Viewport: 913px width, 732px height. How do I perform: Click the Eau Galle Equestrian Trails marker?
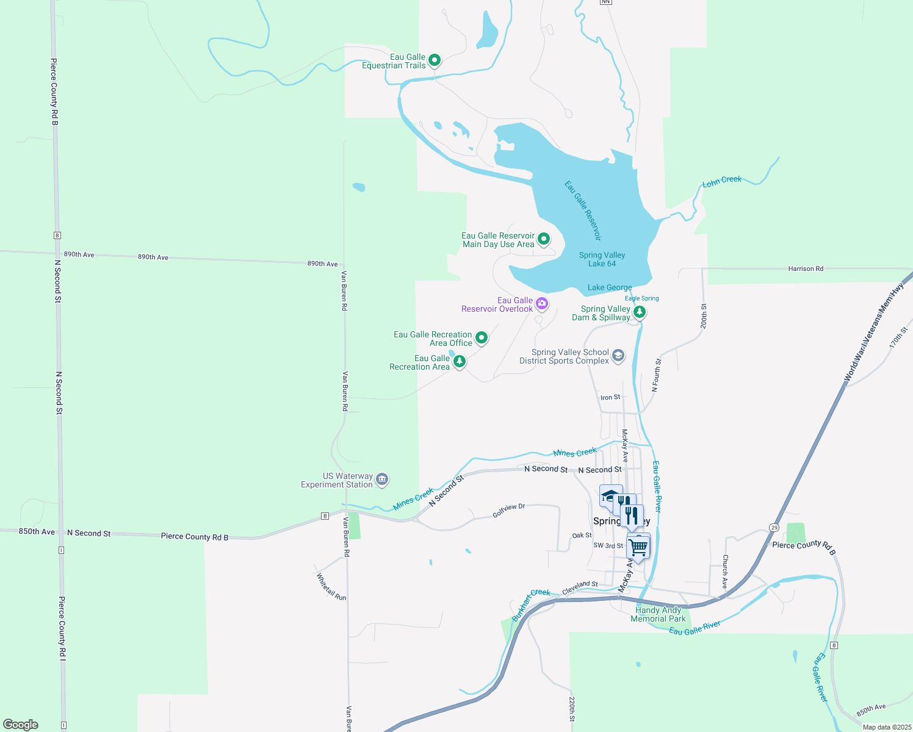click(435, 60)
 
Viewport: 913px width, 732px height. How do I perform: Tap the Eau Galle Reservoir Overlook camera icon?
click(542, 303)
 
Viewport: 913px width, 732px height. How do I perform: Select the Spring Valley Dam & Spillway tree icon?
click(639, 312)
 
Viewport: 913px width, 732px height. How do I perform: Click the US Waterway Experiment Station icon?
click(382, 479)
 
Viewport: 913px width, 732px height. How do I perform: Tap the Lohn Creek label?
click(722, 181)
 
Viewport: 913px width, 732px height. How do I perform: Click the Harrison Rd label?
click(806, 268)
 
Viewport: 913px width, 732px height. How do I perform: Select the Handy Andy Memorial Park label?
click(658, 614)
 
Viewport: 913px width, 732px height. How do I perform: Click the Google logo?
click(21, 724)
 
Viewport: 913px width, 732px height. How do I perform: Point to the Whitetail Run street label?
click(331, 587)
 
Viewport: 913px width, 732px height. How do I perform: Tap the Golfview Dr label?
click(508, 511)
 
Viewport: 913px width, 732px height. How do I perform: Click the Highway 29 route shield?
click(774, 527)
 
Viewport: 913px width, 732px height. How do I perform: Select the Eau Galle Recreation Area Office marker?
click(482, 337)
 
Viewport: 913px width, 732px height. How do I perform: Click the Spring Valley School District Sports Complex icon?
click(618, 356)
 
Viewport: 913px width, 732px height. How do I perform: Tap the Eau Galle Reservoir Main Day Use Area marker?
click(544, 239)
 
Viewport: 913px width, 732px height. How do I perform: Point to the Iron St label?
click(610, 397)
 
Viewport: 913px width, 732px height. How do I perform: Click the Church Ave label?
click(725, 571)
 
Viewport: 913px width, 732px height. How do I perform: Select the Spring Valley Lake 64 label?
click(602, 259)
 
